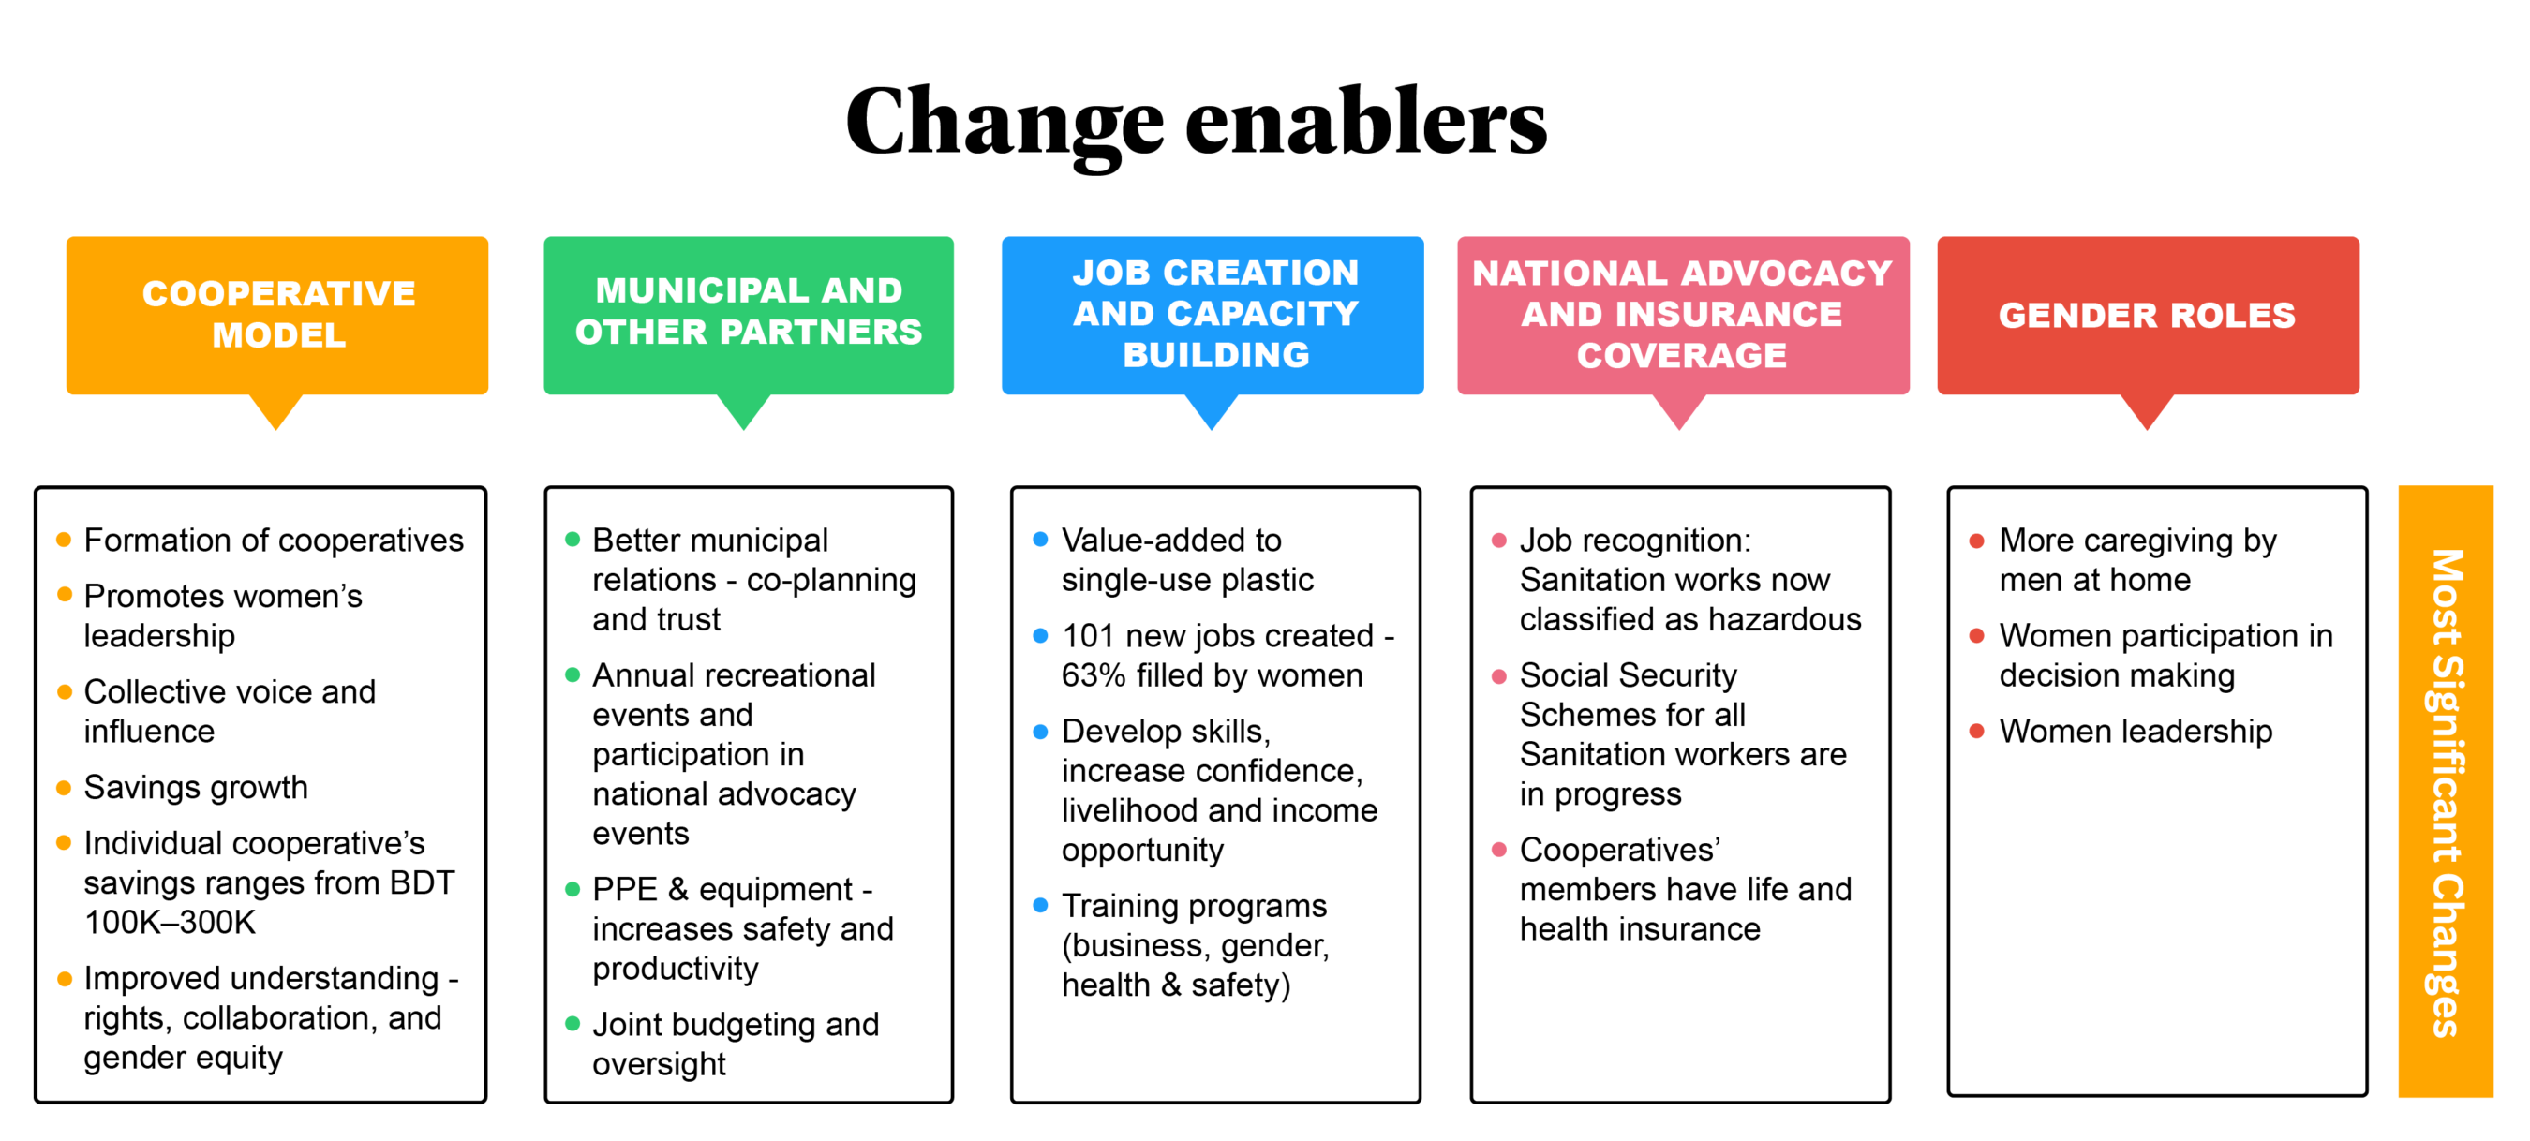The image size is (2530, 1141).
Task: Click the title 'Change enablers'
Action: coord(1196,122)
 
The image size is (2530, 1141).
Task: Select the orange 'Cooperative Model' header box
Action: coord(277,315)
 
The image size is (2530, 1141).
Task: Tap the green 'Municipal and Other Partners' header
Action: coord(749,315)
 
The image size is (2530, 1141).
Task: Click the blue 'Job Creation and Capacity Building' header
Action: coord(1213,315)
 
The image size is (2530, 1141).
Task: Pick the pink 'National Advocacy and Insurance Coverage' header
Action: coord(1682,315)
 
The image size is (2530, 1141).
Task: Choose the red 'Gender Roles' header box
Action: coord(2148,315)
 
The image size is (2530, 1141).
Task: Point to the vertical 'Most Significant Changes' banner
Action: coord(2446,792)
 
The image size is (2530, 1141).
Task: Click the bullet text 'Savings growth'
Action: coord(196,788)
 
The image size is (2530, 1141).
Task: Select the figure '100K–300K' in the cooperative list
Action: coord(170,922)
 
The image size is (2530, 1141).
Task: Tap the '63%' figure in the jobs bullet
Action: coord(1094,675)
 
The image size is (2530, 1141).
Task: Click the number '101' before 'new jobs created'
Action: coord(1087,635)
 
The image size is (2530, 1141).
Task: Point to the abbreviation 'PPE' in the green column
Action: coord(625,889)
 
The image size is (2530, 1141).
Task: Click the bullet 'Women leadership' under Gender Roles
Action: coord(2136,732)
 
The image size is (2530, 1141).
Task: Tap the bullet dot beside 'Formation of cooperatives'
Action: coord(64,539)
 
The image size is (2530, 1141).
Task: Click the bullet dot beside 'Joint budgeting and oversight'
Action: coord(573,1024)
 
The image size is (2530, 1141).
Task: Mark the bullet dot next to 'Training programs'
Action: coord(1040,905)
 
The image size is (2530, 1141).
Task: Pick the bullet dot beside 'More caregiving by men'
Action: coord(1977,541)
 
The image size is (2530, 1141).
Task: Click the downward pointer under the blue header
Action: coord(1212,411)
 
